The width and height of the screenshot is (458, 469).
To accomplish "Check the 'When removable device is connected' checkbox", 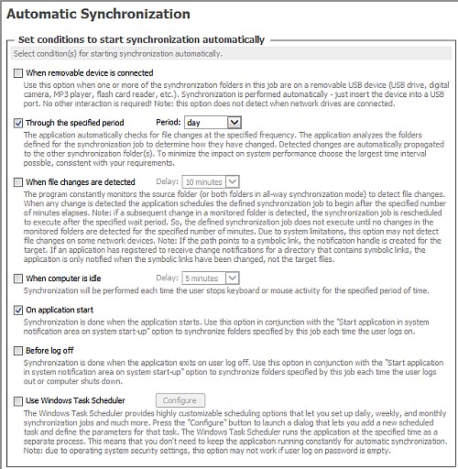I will (x=18, y=72).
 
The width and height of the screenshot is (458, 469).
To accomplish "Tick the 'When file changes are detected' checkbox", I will (x=18, y=182).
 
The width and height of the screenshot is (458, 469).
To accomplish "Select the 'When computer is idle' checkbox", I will (x=18, y=278).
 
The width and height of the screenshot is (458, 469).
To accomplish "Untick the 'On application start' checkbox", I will (x=18, y=311).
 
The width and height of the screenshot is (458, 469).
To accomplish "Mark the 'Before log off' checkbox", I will (x=18, y=352).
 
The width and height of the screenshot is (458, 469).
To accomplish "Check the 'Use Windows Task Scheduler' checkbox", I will (x=18, y=400).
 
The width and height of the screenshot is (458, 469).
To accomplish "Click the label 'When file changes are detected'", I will (x=81, y=182).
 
